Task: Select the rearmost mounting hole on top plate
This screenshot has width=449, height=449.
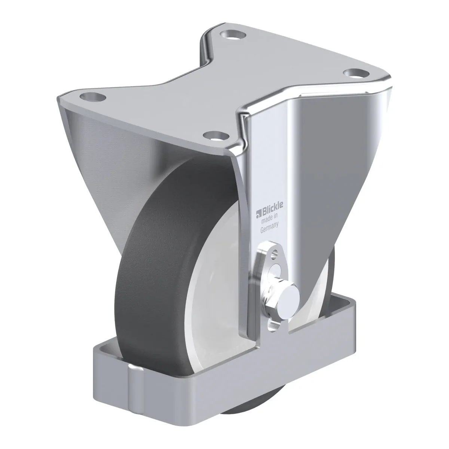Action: coord(233,35)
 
